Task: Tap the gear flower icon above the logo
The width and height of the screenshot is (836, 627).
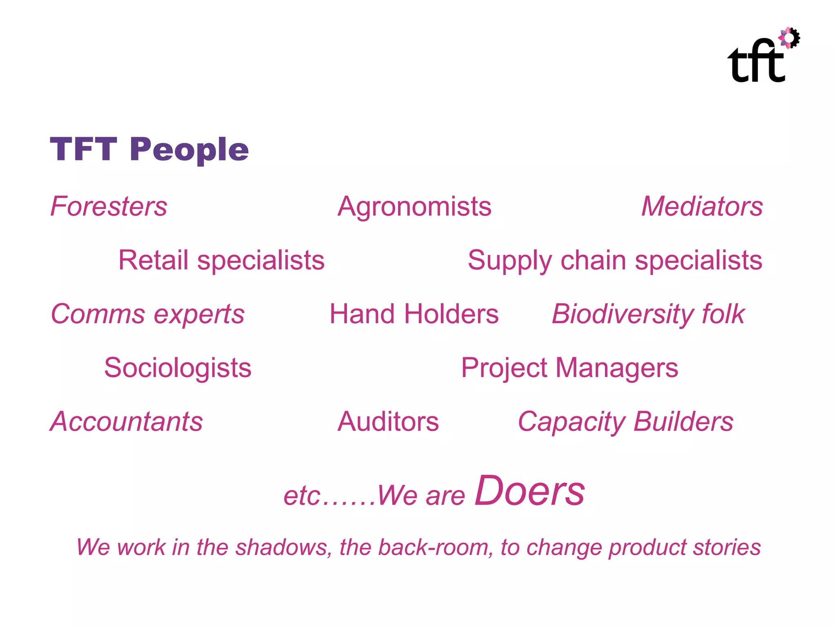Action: pos(789,38)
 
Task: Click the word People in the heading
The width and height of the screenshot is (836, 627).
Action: pos(189,150)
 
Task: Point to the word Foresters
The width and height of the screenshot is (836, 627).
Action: pos(109,206)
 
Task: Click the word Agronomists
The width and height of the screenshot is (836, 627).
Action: pos(414,207)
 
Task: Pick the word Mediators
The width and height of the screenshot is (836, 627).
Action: pos(702,206)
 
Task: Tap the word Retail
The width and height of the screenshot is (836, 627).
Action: pos(153,260)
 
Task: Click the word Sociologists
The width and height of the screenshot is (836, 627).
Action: pos(178,368)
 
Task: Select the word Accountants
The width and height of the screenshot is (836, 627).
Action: pos(127,422)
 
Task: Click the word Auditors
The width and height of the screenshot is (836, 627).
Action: pos(388,422)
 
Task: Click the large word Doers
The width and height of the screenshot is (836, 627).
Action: pos(529,491)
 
